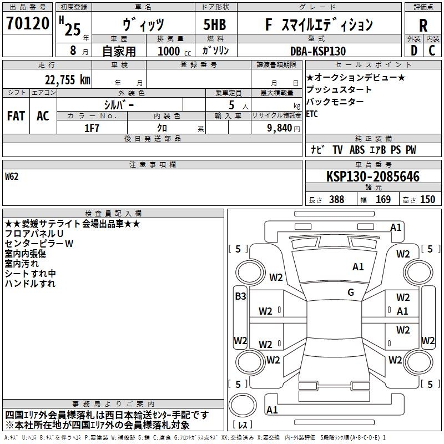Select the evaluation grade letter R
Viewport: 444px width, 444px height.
tap(423, 25)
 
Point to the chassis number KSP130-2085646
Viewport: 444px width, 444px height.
tap(372, 177)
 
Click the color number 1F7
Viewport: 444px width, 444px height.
tap(92, 127)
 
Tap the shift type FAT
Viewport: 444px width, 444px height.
tap(16, 115)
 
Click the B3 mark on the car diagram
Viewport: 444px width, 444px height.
tap(240, 296)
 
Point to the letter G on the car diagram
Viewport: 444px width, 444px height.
tap(351, 292)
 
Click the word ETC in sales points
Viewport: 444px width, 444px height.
tap(313, 114)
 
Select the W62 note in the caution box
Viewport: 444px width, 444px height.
tap(13, 177)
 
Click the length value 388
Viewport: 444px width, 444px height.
tap(336, 200)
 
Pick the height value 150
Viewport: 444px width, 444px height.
tap(428, 200)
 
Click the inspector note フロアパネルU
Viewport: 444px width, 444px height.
tap(34, 234)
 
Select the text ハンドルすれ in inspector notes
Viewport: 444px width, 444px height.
tap(30, 284)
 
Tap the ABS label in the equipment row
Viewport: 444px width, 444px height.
tap(357, 150)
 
